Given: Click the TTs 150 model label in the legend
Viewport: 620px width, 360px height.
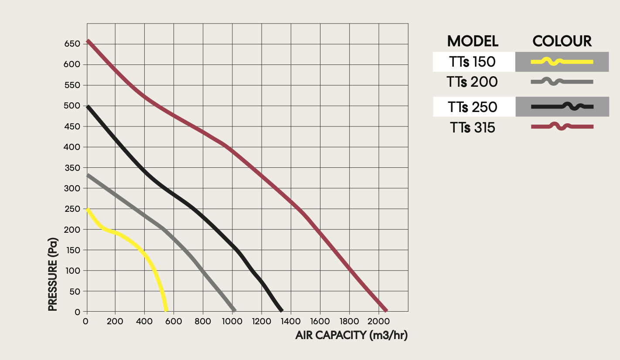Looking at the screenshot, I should (x=472, y=62).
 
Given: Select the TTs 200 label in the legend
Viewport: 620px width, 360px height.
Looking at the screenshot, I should (x=472, y=82).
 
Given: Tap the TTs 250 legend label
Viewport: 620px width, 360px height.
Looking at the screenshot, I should (x=472, y=107).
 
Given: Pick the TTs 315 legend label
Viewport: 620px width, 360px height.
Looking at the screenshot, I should (x=472, y=127).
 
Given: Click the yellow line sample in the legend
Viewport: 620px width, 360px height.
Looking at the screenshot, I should (x=562, y=62).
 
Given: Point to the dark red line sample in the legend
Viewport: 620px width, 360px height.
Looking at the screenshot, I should (x=562, y=127).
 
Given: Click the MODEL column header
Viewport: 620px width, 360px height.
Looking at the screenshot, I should (x=473, y=41).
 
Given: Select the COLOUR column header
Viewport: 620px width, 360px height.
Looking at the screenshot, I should (x=562, y=41).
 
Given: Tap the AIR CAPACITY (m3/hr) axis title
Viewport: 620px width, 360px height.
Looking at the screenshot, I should (x=351, y=336).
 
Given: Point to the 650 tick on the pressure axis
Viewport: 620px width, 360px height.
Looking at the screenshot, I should (x=72, y=44).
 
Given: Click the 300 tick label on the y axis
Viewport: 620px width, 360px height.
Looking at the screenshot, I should (x=72, y=188).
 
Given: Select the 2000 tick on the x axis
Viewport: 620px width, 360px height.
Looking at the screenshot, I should (x=378, y=322).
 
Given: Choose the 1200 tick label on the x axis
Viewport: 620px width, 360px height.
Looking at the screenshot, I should (x=262, y=322).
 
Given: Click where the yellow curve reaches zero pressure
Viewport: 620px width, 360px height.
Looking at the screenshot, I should (x=166, y=310).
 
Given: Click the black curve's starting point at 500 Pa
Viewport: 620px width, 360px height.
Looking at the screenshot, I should (x=89, y=106).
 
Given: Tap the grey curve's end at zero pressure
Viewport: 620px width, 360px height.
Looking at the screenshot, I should (x=235, y=310).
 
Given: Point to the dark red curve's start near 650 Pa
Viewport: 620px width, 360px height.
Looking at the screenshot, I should (x=89, y=41).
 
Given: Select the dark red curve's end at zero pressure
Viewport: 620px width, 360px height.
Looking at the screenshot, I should (x=385, y=310).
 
